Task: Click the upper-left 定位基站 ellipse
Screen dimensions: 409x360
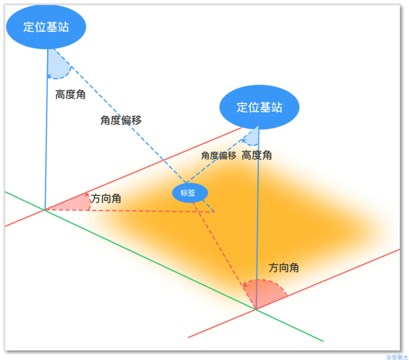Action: click(47, 27)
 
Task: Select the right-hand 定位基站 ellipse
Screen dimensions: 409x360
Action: click(260, 107)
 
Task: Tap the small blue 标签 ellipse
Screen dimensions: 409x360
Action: click(188, 193)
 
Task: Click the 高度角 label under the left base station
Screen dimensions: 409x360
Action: click(70, 95)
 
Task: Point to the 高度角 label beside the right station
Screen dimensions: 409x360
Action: click(257, 155)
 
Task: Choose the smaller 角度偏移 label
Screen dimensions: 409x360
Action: click(218, 155)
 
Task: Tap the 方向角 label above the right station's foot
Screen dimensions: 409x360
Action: click(284, 268)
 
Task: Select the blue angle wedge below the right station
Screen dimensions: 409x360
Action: click(252, 138)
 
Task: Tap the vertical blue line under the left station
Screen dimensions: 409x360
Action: click(46, 136)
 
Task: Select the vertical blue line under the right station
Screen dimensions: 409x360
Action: click(258, 218)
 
